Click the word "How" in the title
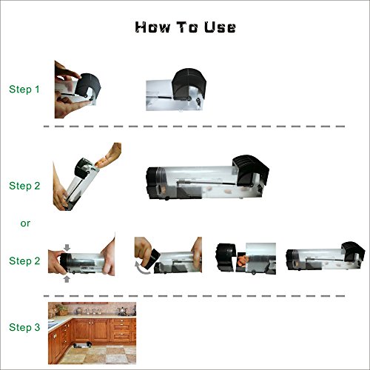(152, 27)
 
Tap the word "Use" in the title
(220, 27)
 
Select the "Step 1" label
(24, 90)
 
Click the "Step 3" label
(24, 328)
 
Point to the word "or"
(25, 223)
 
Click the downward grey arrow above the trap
(67, 247)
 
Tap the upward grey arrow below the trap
(67, 279)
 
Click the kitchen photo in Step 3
(92, 333)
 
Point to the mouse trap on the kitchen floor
(82, 345)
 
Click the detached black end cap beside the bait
(226, 258)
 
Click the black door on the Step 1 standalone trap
(189, 84)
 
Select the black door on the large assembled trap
(250, 170)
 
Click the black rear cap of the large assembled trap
(153, 183)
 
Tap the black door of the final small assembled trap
(353, 251)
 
